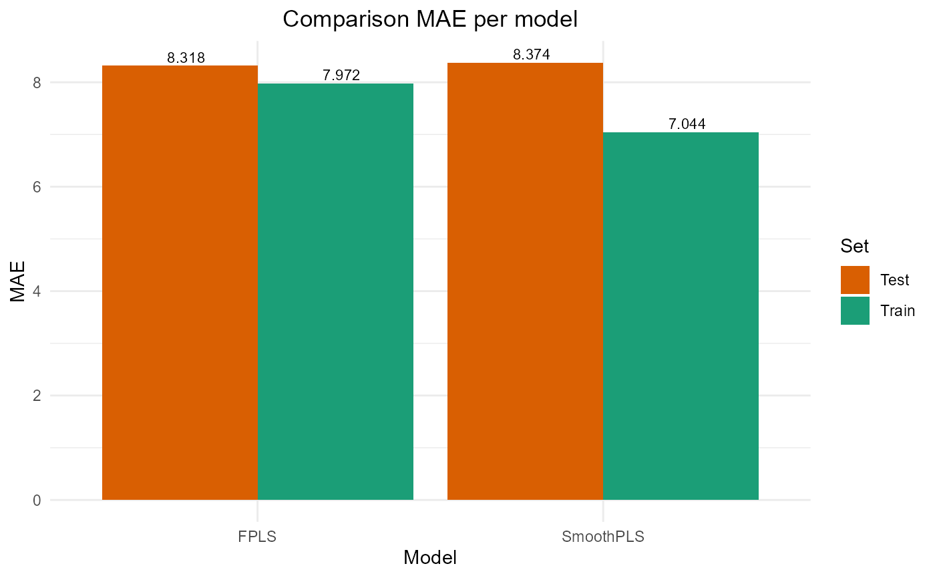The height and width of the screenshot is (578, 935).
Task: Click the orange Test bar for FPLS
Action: point(180,283)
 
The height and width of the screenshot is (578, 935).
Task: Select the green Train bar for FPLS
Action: point(335,291)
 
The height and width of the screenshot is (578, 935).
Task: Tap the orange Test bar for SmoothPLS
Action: point(525,281)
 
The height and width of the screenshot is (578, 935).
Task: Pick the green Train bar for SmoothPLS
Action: point(681,316)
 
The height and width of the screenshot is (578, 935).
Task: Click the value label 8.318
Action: point(186,58)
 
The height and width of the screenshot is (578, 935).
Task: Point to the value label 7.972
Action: point(341,76)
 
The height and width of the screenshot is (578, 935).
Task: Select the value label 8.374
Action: point(532,55)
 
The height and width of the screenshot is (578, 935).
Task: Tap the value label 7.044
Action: point(687,124)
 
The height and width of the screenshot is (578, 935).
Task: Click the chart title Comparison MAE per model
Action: point(429,19)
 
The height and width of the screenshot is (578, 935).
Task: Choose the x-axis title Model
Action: point(430,558)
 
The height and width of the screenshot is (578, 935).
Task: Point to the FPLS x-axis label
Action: point(257,537)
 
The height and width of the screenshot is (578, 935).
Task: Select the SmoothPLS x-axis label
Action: point(603,537)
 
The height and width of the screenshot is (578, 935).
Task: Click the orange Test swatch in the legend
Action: point(855,280)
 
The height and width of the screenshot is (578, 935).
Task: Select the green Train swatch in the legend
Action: point(855,311)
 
